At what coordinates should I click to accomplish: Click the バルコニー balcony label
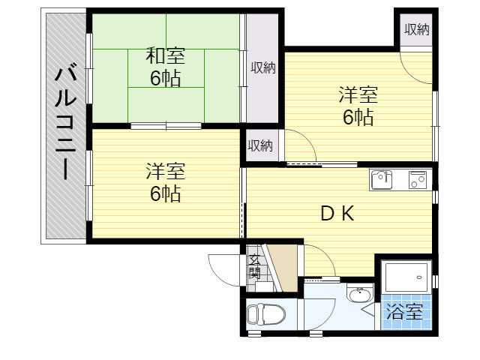pyautogui.click(x=65, y=123)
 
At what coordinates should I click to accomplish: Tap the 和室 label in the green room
pyautogui.click(x=165, y=55)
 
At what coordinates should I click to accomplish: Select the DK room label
pyautogui.click(x=337, y=213)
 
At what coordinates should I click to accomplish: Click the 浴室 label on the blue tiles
pyautogui.click(x=404, y=312)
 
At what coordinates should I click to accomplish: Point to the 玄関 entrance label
pyautogui.click(x=254, y=266)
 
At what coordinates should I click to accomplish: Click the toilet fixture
pyautogui.click(x=265, y=314)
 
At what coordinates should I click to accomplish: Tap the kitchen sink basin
pyautogui.click(x=382, y=180)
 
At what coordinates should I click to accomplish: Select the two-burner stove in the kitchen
pyautogui.click(x=417, y=180)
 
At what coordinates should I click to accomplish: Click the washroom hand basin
pyautogui.click(x=359, y=295)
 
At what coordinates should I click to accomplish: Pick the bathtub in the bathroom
pyautogui.click(x=406, y=277)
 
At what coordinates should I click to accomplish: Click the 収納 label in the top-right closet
pyautogui.click(x=417, y=30)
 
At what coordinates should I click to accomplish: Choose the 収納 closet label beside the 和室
pyautogui.click(x=263, y=67)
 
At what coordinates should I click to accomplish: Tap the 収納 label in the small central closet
pyautogui.click(x=260, y=145)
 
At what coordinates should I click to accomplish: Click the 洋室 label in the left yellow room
pyautogui.click(x=165, y=172)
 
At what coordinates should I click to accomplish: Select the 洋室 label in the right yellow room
pyautogui.click(x=358, y=95)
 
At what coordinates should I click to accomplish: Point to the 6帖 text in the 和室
pyautogui.click(x=165, y=78)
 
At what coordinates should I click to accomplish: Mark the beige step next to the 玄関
pyautogui.click(x=283, y=268)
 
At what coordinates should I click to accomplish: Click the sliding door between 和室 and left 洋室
pyautogui.click(x=166, y=126)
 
